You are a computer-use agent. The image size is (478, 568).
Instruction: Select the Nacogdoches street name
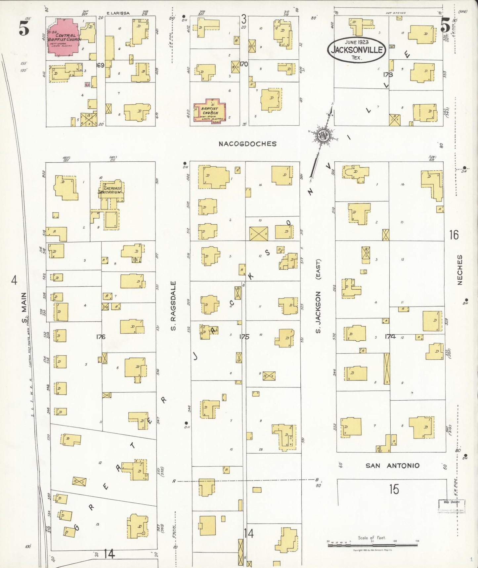pos(247,144)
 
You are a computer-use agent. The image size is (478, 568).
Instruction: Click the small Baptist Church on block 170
pos(210,111)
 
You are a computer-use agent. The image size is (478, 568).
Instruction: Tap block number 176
pos(101,337)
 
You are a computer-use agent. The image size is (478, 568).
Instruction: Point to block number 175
pos(244,337)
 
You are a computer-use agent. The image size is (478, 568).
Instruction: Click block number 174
pos(390,337)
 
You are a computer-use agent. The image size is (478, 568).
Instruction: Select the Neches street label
pos(460,270)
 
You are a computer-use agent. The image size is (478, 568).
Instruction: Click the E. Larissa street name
pos(118,13)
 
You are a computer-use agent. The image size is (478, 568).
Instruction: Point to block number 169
pos(100,65)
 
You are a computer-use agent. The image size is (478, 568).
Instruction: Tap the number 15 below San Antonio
pos(394,489)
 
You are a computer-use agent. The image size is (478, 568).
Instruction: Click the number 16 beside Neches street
pos(454,235)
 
